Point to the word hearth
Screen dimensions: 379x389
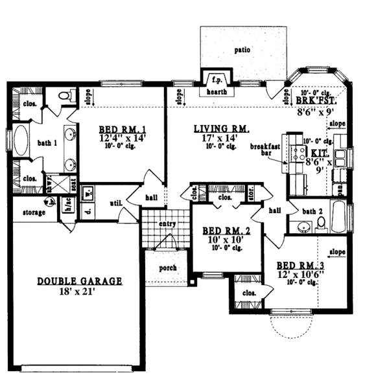pyautogui.click(x=215, y=93)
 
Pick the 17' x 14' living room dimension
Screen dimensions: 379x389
pyautogui.click(x=217, y=138)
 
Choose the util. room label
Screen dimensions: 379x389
pyautogui.click(x=116, y=203)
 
